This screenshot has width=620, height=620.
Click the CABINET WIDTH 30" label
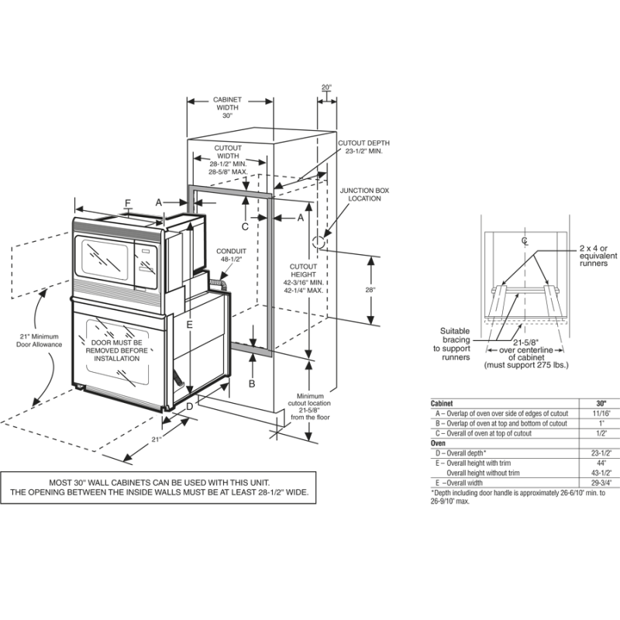coord(228,108)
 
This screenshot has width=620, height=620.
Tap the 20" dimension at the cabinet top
coord(326,88)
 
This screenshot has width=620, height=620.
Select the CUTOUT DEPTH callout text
coord(363,147)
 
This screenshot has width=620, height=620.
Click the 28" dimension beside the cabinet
coord(371,289)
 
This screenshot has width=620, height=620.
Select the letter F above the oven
coord(128,203)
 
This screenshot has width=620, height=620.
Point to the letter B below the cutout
coord(251,383)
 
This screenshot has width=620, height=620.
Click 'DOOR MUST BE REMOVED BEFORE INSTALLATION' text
coord(117,350)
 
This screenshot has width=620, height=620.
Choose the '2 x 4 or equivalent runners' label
coord(598,256)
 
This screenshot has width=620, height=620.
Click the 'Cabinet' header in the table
coord(443,404)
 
